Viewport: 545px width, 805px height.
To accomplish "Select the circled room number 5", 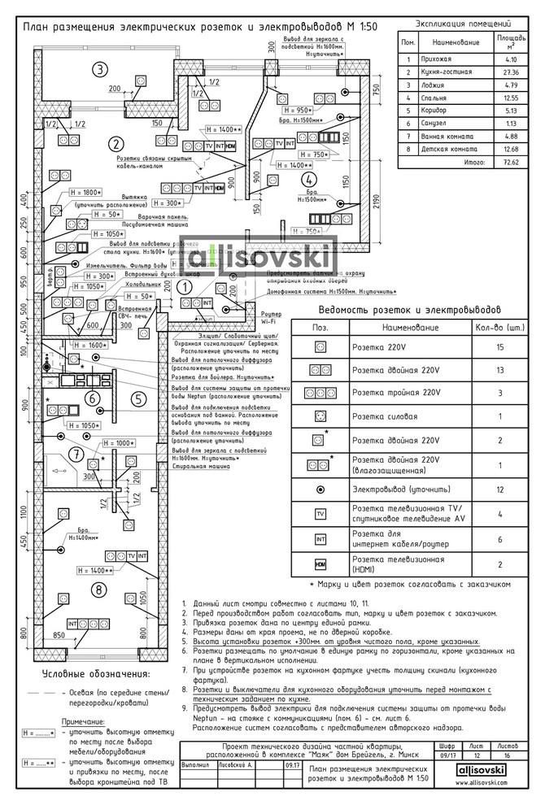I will point(138,398).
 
